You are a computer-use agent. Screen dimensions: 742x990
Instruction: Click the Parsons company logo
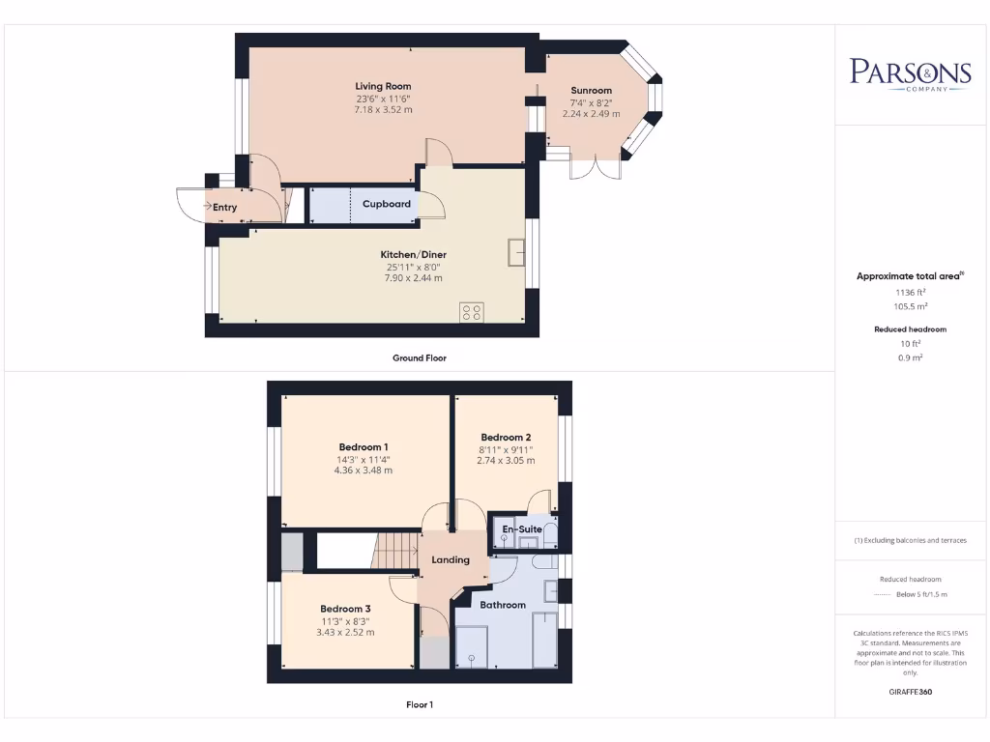coord(910,73)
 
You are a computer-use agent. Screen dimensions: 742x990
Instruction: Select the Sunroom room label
coord(592,91)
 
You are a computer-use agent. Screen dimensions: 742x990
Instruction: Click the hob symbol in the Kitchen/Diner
coord(473,311)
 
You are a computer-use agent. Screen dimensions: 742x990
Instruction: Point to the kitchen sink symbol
coord(515,252)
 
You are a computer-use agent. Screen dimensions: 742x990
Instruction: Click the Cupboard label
coord(387,204)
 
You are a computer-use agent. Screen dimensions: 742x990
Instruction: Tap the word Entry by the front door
coord(224,207)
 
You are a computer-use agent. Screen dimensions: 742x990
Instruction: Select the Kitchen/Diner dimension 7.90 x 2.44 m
coord(413,278)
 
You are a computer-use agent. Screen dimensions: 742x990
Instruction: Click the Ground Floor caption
coord(419,357)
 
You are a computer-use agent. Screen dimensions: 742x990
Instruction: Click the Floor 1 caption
coord(419,705)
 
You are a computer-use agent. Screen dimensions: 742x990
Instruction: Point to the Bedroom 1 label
coord(364,446)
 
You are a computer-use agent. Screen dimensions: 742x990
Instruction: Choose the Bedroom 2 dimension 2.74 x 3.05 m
coord(506,461)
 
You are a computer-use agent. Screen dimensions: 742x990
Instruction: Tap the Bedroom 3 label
coord(345,609)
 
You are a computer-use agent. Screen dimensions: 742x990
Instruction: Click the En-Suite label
coord(523,529)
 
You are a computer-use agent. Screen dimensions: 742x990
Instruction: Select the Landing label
coord(451,559)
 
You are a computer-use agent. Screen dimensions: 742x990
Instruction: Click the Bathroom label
coord(504,605)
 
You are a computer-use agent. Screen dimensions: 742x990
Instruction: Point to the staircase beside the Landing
coord(394,553)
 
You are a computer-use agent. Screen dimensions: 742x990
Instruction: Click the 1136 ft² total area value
coord(909,291)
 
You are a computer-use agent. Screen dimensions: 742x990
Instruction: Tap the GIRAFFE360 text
coord(910,692)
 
